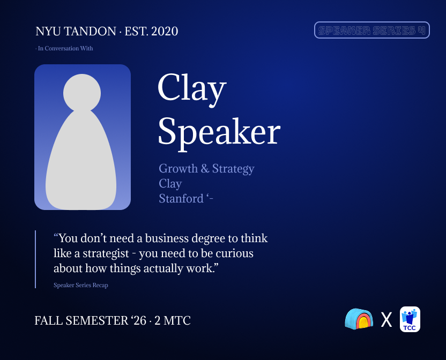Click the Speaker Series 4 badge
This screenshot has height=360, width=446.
click(x=372, y=30)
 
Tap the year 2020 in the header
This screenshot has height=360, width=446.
click(x=165, y=31)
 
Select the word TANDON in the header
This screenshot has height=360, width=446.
click(x=91, y=31)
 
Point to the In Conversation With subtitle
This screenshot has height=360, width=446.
click(x=64, y=48)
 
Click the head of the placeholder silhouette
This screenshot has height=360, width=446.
click(x=82, y=93)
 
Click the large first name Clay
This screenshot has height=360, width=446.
click(x=192, y=89)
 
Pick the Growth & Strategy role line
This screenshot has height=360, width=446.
click(x=206, y=169)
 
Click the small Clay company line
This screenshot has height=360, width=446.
click(x=170, y=184)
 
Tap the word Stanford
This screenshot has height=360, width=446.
click(x=181, y=199)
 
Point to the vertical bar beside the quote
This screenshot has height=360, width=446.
click(x=35, y=259)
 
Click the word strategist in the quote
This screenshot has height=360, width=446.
click(x=106, y=253)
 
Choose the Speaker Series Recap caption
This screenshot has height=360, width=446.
click(x=81, y=285)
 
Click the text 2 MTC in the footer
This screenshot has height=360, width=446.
click(x=173, y=321)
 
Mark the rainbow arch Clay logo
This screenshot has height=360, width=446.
click(x=359, y=319)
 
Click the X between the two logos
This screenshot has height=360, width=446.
click(x=386, y=320)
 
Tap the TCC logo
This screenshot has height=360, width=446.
click(x=410, y=319)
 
